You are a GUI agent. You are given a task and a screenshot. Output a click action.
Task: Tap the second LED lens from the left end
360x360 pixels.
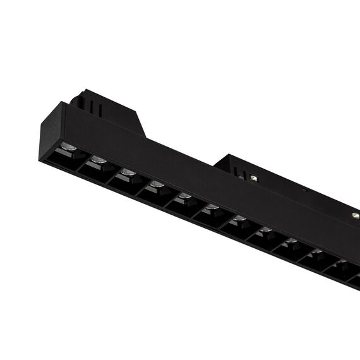[98, 160]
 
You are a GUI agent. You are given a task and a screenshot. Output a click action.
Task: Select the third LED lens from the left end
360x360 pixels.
[128, 172]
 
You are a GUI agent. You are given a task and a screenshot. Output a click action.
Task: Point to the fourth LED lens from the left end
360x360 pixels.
[157, 184]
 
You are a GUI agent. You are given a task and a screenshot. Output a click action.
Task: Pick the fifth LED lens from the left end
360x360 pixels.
[184, 196]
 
